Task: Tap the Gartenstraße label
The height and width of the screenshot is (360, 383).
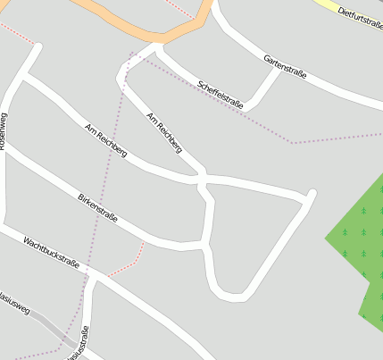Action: (285, 66)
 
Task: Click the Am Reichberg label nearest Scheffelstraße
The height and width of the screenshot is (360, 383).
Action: (164, 136)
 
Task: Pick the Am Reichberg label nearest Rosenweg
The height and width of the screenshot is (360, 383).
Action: (105, 141)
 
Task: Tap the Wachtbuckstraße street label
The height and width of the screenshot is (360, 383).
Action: (51, 253)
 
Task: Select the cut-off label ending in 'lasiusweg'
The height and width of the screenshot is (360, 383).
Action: (14, 304)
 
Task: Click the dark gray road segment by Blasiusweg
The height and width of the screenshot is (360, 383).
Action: (58, 330)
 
